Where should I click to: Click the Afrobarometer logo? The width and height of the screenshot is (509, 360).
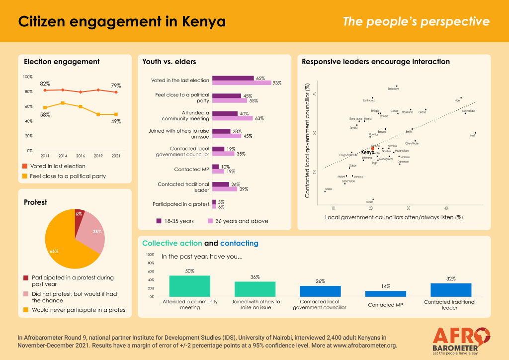(461, 340)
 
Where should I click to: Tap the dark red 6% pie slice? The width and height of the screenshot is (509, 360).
(79, 217)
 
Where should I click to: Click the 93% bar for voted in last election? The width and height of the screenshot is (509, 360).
(242, 83)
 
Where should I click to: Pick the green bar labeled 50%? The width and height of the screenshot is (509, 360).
(189, 286)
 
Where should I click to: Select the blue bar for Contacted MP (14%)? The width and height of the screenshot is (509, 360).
(385, 294)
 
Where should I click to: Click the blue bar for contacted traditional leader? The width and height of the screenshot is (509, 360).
(450, 290)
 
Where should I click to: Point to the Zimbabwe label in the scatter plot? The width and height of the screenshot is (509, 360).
(393, 89)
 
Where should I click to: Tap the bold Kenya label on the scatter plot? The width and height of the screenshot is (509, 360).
(368, 152)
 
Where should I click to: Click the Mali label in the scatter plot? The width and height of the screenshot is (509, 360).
(472, 136)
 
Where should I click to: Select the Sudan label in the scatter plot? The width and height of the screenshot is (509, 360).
(369, 202)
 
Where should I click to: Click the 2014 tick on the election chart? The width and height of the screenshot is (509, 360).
(62, 155)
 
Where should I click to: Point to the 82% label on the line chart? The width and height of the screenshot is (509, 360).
(45, 84)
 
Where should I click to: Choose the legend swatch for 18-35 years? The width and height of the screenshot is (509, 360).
(159, 221)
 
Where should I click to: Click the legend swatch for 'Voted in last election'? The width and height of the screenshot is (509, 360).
(26, 166)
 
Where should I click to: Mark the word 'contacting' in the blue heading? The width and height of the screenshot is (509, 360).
(239, 243)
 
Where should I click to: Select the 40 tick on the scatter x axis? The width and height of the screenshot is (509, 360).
(446, 208)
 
